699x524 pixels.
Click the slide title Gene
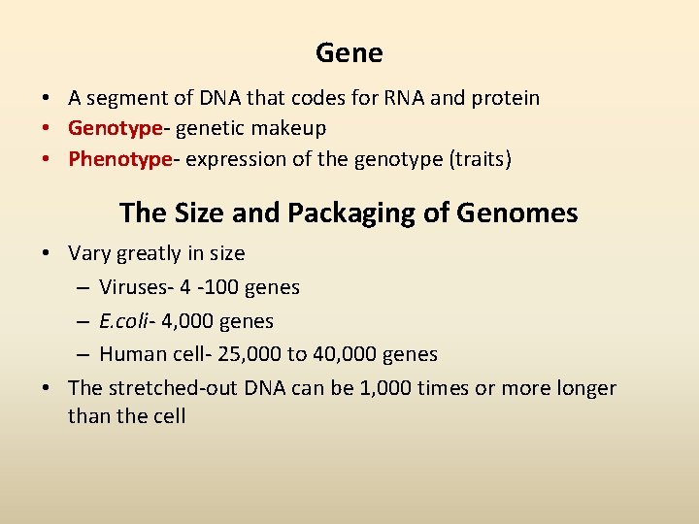349,53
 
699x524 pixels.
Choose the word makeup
288,128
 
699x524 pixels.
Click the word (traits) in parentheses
475,159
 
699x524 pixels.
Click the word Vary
89,254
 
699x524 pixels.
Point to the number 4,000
185,321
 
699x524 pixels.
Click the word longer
585,388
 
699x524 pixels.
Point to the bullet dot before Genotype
46,128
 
